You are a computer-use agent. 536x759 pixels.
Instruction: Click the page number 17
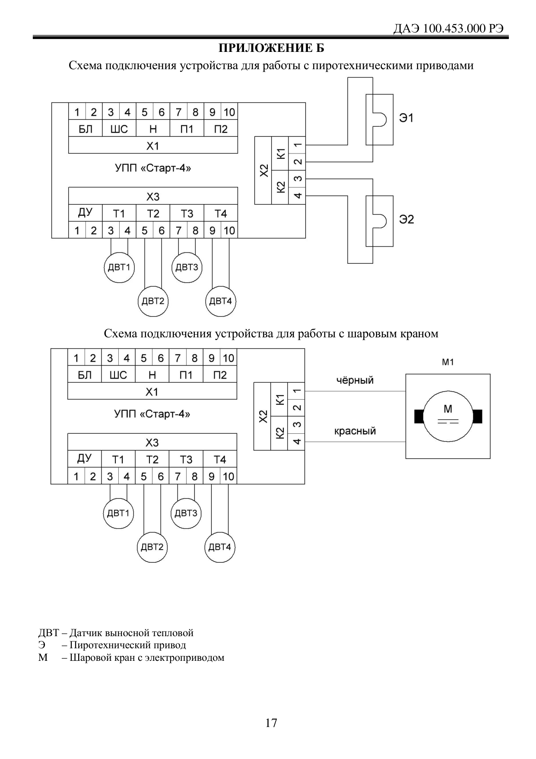271,723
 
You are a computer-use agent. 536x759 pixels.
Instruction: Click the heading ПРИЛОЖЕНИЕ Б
271,48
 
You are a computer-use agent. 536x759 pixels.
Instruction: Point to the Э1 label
406,118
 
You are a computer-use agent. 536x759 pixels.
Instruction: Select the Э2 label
406,219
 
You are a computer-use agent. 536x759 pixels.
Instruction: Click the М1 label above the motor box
448,362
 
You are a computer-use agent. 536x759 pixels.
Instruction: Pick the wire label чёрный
355,381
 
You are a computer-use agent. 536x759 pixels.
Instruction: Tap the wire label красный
355,431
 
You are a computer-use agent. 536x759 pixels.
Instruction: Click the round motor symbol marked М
448,416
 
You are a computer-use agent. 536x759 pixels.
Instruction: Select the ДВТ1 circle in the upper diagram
119,267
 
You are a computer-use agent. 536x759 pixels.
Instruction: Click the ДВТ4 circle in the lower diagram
220,547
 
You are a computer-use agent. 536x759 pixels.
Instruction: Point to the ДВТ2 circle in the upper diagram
153,301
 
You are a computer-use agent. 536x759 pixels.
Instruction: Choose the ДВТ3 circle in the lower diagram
186,513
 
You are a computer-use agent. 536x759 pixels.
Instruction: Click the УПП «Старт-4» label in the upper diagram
153,168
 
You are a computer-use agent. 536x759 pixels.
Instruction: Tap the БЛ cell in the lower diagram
85,375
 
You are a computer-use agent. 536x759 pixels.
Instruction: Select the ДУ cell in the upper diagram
86,213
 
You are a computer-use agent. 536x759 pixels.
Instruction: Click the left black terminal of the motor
419,416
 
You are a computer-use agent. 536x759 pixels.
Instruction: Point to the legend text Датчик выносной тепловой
131,633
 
